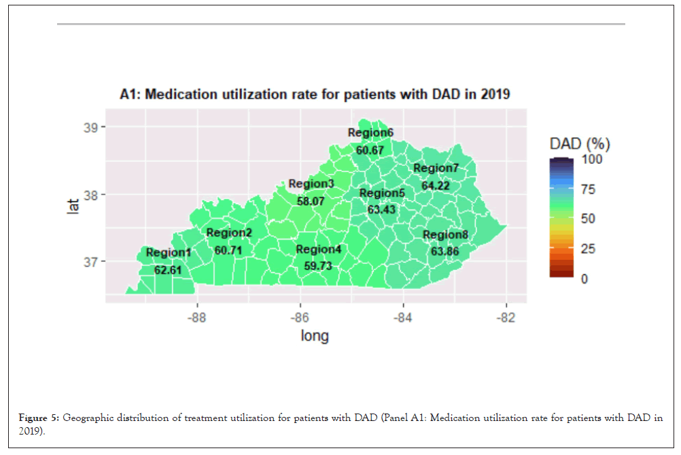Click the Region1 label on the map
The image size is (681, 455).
[x=169, y=253]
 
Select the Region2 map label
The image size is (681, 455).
[x=229, y=233]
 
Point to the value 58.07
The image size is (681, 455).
[x=311, y=201]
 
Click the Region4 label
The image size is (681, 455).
[x=318, y=250]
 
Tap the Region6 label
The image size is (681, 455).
[x=370, y=133]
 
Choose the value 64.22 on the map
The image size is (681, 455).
[x=436, y=185]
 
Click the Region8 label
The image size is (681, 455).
[x=445, y=235]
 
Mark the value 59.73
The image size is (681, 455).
[x=318, y=266]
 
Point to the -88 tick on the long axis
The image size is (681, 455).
[x=197, y=318]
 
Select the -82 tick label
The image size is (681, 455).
[x=506, y=318]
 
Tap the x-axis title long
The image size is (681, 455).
[x=315, y=336]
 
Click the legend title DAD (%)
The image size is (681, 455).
[x=580, y=144]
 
